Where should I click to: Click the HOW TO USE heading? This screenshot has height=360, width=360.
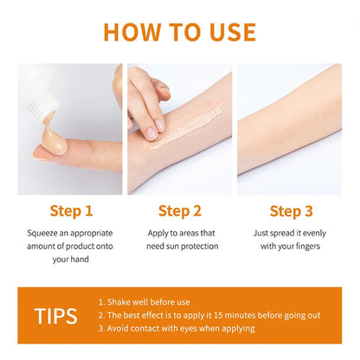coord(180,31)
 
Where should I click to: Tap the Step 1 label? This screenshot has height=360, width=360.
coord(67,211)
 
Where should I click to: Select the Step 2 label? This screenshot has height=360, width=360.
coord(179,211)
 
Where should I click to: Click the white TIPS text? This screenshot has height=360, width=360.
coord(56,314)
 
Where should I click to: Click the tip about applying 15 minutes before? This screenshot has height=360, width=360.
coord(214,314)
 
